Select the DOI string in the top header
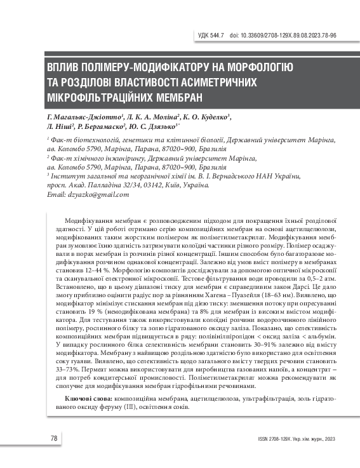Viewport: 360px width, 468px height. click(279, 36)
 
